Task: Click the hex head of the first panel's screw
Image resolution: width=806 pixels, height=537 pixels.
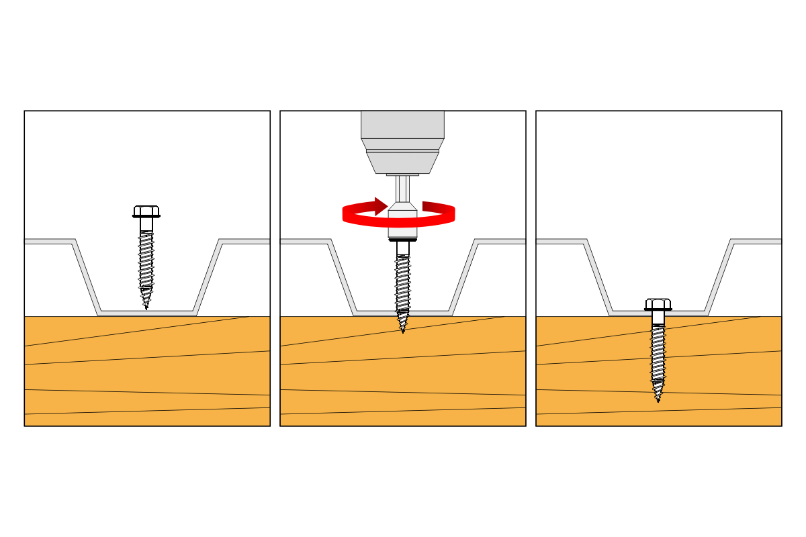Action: point(146,211)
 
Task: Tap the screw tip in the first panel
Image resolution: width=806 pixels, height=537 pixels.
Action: point(146,305)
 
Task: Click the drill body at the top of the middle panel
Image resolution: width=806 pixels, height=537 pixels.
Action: point(402,125)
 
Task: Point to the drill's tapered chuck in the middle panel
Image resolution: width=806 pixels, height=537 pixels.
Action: point(402,161)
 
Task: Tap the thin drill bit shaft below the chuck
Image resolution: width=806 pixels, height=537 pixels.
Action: point(402,188)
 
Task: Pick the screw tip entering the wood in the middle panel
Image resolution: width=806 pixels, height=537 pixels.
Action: point(403,327)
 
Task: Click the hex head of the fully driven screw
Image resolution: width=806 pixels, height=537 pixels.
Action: point(658,304)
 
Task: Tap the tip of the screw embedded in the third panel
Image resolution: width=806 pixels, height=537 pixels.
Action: point(658,398)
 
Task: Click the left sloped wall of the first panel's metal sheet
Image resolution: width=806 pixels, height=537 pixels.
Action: point(86,277)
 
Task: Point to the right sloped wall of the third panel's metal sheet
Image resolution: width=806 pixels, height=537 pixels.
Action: point(719,277)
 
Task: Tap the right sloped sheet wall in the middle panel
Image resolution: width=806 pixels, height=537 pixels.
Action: point(463,277)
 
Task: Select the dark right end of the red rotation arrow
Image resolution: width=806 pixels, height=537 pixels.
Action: point(437,207)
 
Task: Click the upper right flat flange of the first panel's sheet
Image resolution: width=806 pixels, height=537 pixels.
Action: point(245,241)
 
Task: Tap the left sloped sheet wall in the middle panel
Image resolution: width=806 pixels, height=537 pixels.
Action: point(342,277)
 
